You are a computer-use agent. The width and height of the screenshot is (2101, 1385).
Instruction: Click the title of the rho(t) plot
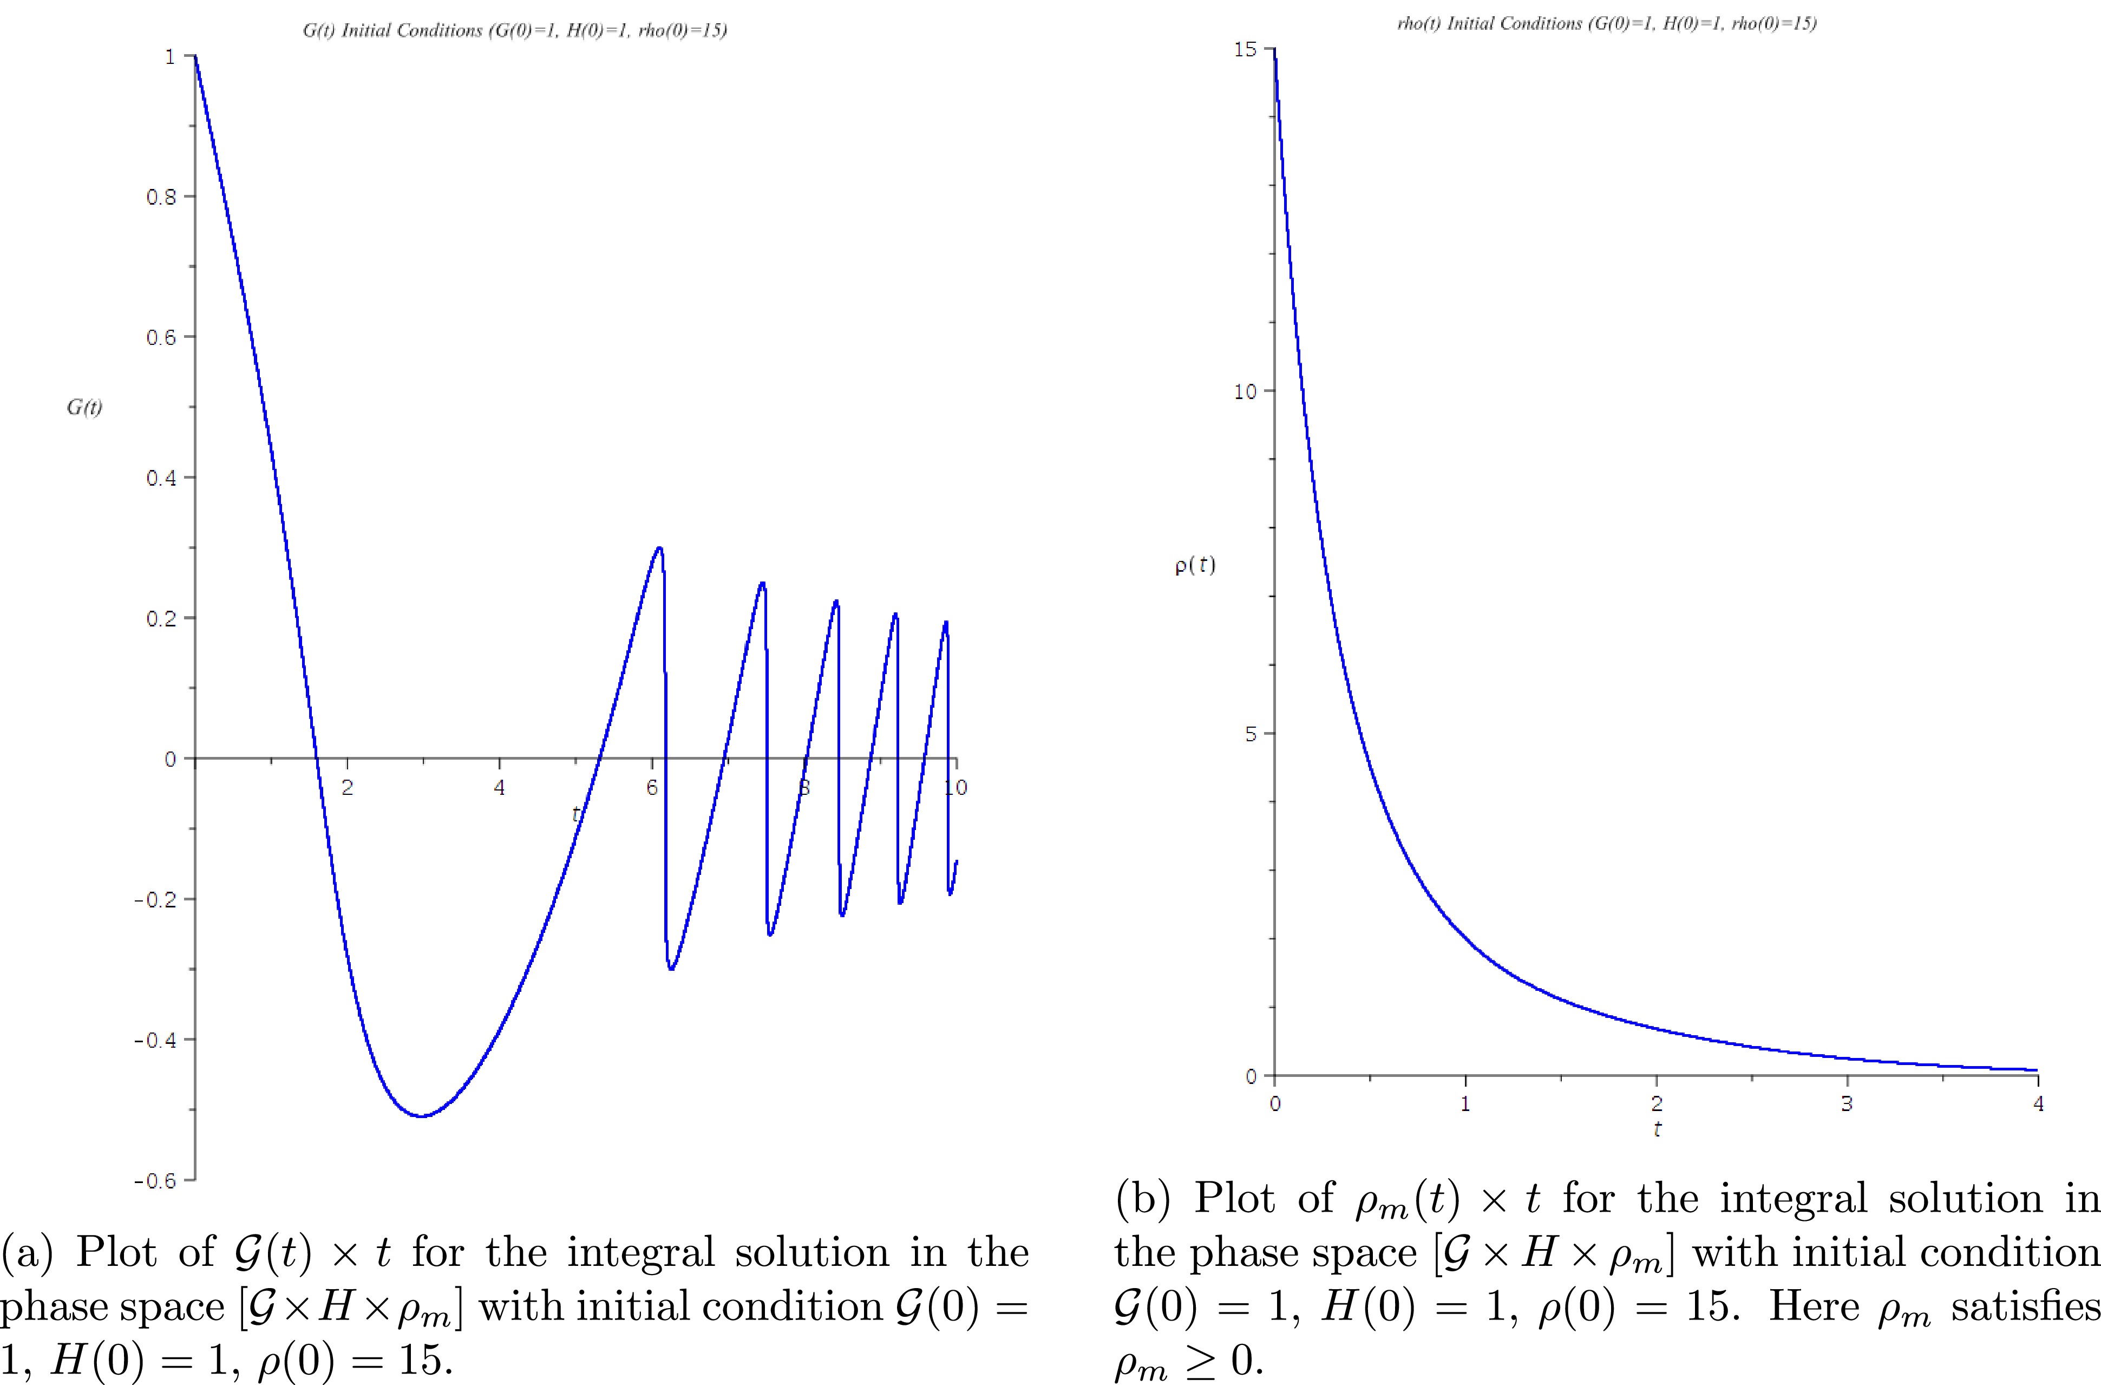(1606, 24)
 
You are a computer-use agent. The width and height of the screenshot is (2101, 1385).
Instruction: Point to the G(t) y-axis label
(84, 407)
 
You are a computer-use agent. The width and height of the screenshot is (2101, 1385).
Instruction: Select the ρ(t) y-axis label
(1194, 565)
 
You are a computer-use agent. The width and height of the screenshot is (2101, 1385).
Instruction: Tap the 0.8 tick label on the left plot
(162, 197)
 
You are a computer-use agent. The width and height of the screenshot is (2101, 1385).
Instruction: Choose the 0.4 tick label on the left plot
(162, 478)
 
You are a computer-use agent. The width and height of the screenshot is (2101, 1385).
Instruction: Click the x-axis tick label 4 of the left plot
(500, 788)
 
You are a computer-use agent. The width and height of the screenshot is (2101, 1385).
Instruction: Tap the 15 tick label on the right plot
(1245, 49)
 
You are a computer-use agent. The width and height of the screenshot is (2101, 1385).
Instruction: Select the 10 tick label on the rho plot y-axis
(1245, 392)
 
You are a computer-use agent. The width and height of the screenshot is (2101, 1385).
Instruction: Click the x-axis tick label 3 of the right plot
(1847, 1103)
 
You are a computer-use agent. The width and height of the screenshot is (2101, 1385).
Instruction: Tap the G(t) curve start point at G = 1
(195, 56)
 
